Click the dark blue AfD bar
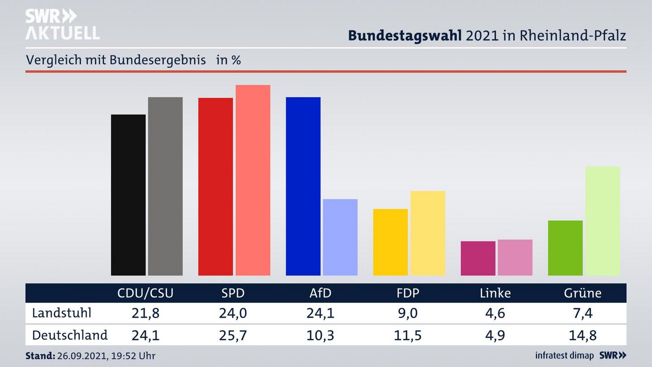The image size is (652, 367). point(303,186)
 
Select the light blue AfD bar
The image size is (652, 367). point(340,237)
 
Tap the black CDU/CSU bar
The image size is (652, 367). point(128,195)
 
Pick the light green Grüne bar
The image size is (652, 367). point(602,221)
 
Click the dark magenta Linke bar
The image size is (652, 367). point(478,258)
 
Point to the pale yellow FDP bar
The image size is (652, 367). point(427,233)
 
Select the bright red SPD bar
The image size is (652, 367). point(216,186)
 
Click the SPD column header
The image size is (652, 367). point(233,293)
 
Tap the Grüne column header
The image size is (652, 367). point(582,293)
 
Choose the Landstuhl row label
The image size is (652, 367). point(62,313)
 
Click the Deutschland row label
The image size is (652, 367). point(70,335)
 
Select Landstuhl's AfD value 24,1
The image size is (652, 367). point(320,313)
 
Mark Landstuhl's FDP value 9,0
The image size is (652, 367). point(407,313)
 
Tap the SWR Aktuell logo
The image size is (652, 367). point(62,24)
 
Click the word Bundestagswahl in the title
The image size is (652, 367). point(405,35)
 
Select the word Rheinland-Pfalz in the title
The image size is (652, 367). point(572,35)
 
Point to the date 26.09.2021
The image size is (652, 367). point(81,356)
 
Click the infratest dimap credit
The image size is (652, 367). point(564,356)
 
